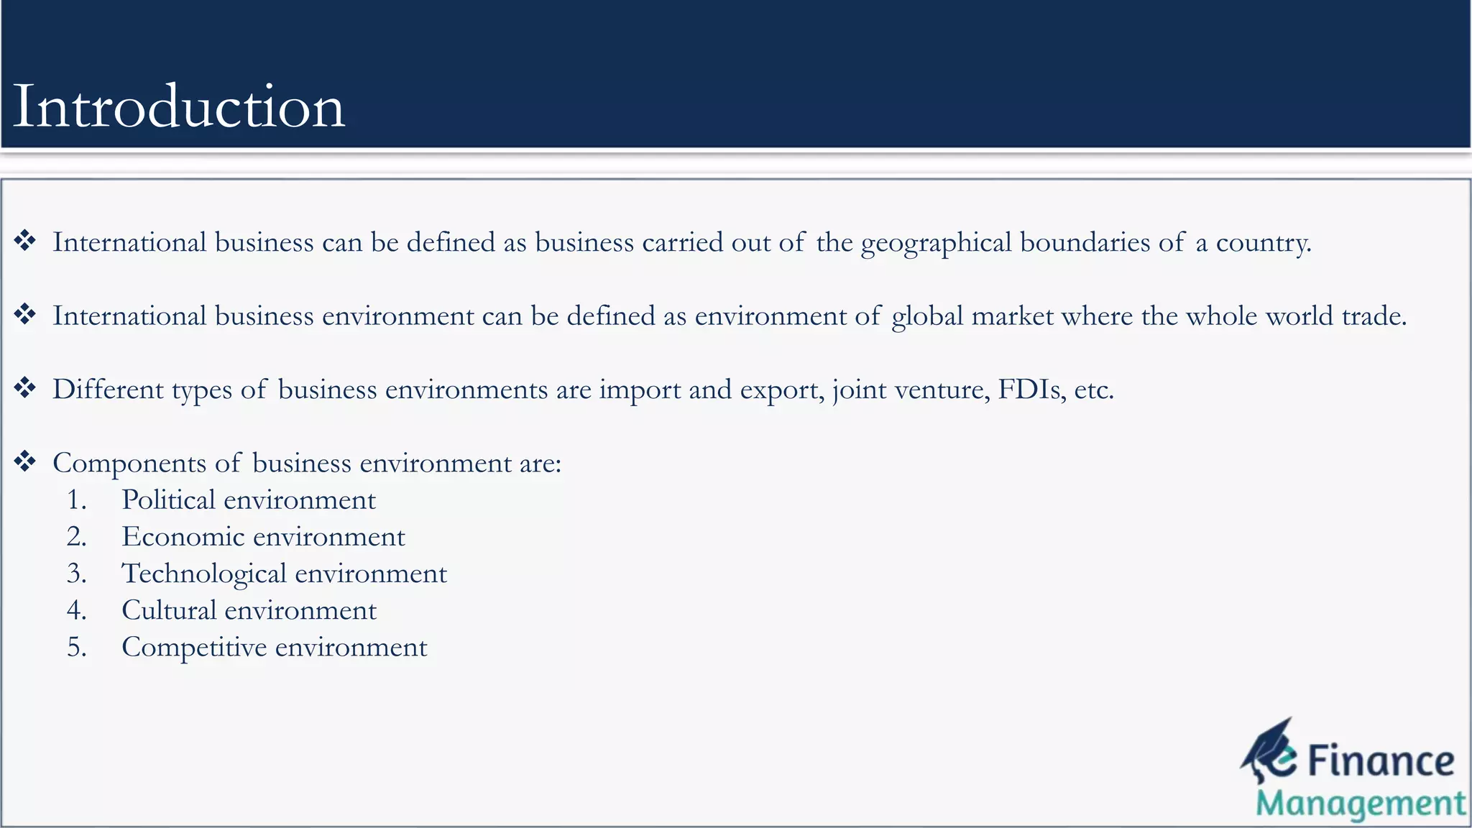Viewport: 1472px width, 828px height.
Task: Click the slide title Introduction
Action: coord(179,106)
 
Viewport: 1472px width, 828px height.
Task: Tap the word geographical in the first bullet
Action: coord(936,243)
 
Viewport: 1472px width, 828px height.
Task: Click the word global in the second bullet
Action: coord(927,316)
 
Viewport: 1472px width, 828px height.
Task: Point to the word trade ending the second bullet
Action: coord(1374,316)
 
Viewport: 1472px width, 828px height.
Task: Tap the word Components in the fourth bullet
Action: coord(129,464)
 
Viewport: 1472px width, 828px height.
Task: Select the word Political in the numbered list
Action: coord(168,500)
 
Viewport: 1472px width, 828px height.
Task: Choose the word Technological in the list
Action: coord(204,574)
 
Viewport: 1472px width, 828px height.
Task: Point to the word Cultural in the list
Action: coord(169,610)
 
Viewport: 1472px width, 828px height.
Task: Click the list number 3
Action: coord(76,574)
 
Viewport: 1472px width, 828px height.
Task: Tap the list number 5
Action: coord(76,648)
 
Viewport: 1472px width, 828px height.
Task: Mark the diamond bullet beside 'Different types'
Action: coord(25,387)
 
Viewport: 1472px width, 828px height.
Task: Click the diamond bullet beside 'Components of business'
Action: coord(25,461)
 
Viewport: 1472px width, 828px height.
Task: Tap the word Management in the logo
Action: coord(1360,804)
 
